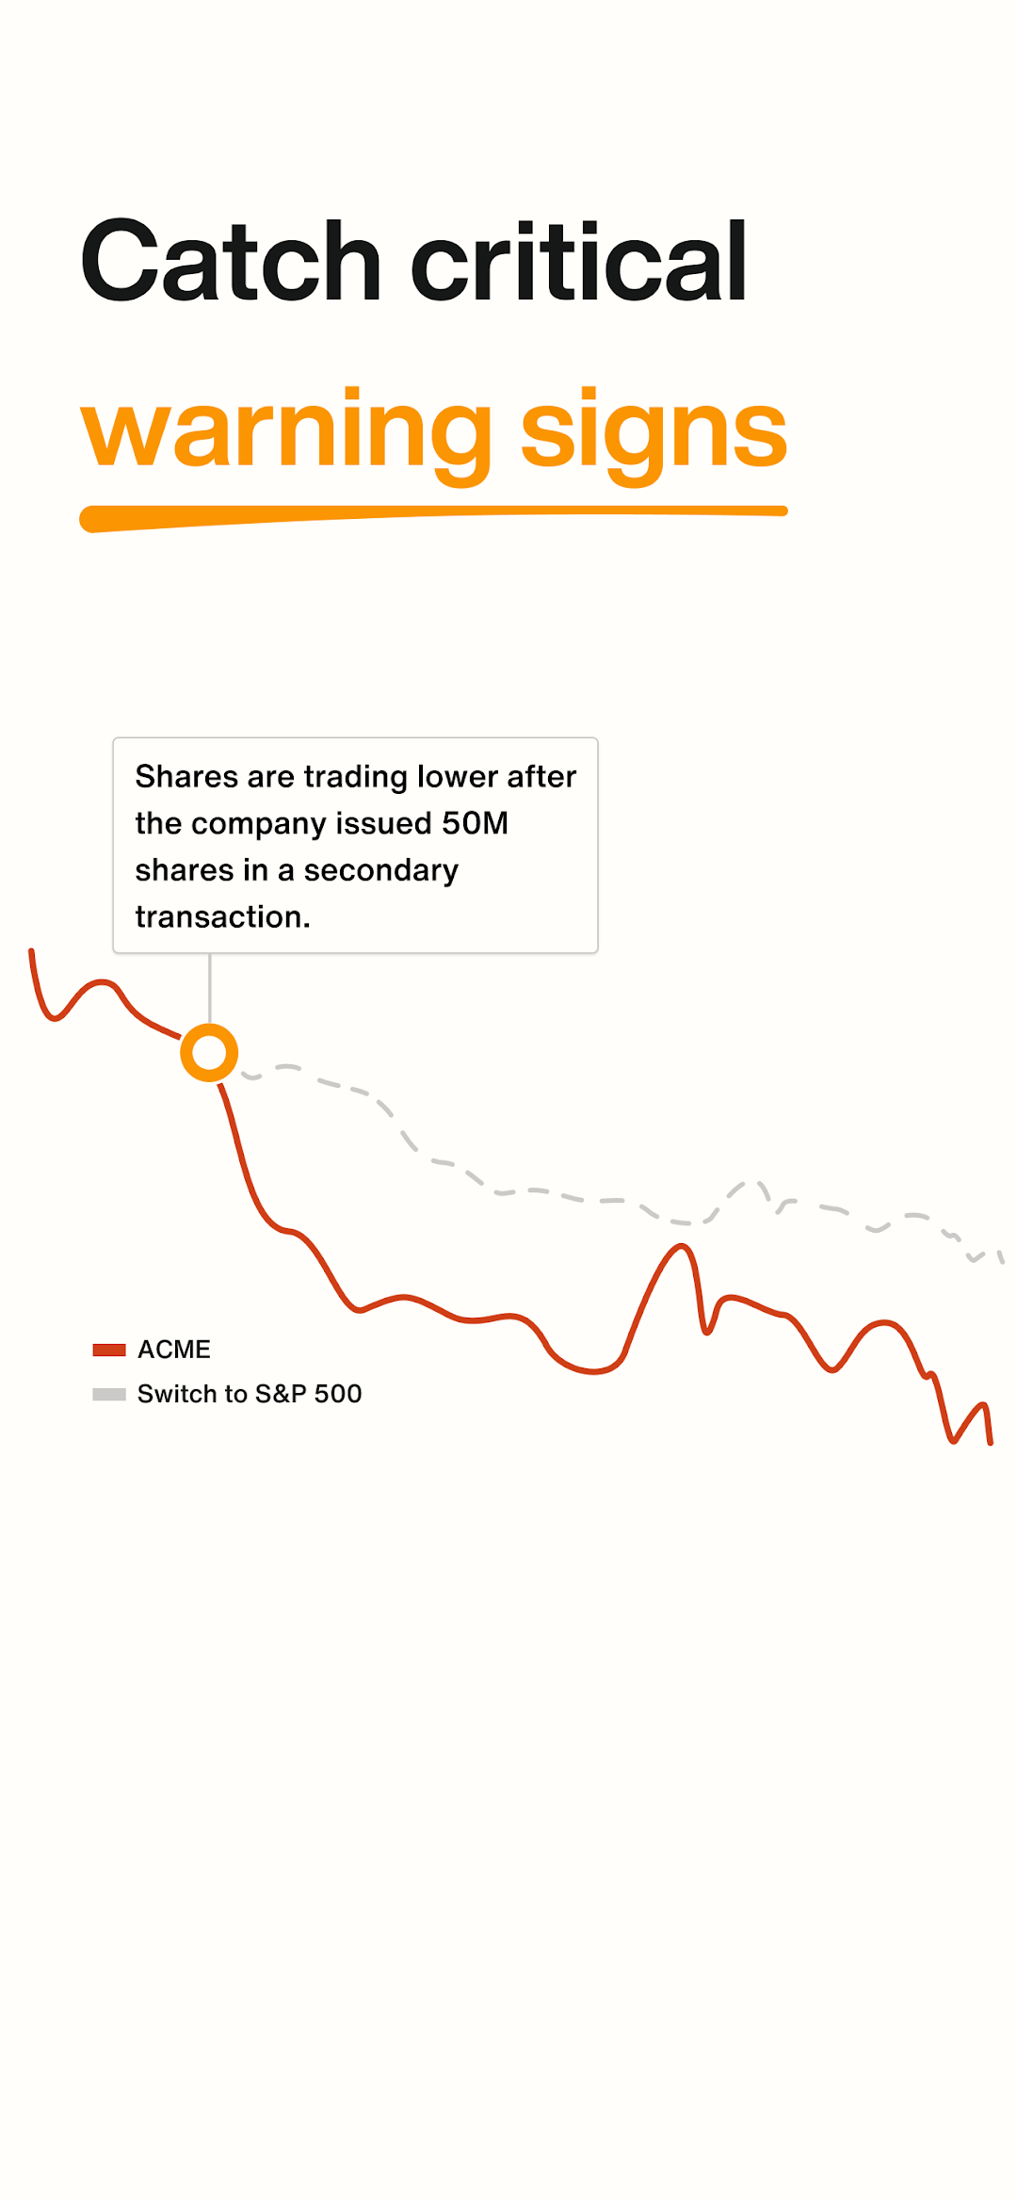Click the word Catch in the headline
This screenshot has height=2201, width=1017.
(x=231, y=260)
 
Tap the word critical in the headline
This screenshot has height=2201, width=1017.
(x=579, y=260)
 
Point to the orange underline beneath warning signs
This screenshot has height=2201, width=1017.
(x=433, y=516)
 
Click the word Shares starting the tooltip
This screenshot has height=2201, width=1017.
(x=186, y=776)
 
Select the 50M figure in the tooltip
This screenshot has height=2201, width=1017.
(x=476, y=823)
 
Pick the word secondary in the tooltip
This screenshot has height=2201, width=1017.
(x=381, y=871)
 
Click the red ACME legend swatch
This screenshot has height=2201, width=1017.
(x=109, y=1350)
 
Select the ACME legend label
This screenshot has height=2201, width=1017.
(x=174, y=1350)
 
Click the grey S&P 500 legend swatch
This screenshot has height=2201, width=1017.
(x=109, y=1394)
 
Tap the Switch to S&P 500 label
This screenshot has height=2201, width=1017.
(x=250, y=1394)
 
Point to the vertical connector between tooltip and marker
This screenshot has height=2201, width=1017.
(x=209, y=988)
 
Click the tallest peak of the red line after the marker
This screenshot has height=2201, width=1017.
(x=681, y=1247)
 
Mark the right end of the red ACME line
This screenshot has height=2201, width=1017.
(x=990, y=1442)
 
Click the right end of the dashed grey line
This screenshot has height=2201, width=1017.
(x=1002, y=1260)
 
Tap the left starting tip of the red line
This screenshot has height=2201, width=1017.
(x=31, y=951)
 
